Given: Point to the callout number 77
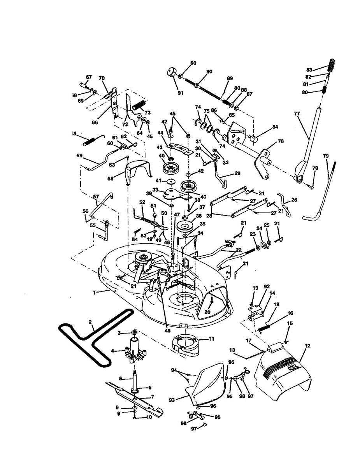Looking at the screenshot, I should click(297, 114).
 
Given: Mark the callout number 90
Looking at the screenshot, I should click(209, 71).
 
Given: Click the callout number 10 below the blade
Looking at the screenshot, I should click(149, 417).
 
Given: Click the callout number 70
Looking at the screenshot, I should click(102, 78).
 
